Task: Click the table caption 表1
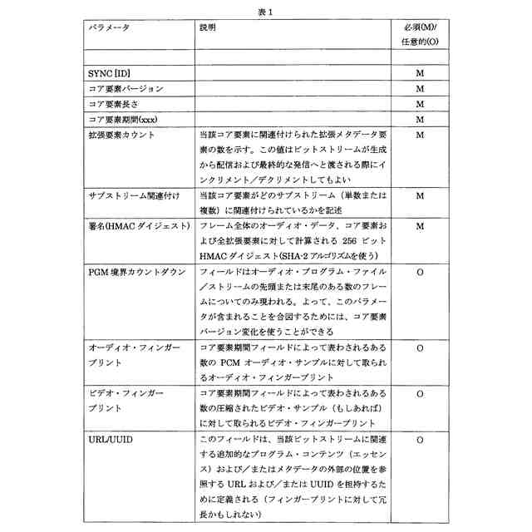[x=265, y=12]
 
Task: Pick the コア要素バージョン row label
[x=126, y=88]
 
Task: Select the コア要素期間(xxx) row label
[x=122, y=119]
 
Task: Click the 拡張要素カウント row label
[x=121, y=134]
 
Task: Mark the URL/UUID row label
[x=109, y=437]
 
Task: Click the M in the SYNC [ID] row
[x=420, y=73]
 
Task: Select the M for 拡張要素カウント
[x=420, y=134]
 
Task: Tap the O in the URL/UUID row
[x=420, y=437]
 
